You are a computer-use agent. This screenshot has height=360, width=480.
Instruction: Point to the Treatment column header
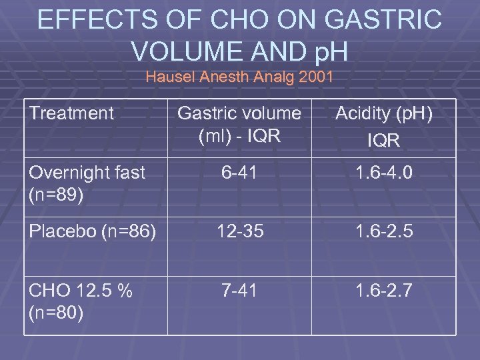click(x=71, y=113)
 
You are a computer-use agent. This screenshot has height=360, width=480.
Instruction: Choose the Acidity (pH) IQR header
click(x=383, y=126)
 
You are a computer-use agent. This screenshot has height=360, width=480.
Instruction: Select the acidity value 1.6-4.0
click(x=384, y=173)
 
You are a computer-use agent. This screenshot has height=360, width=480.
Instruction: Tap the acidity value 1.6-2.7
click(x=384, y=291)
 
